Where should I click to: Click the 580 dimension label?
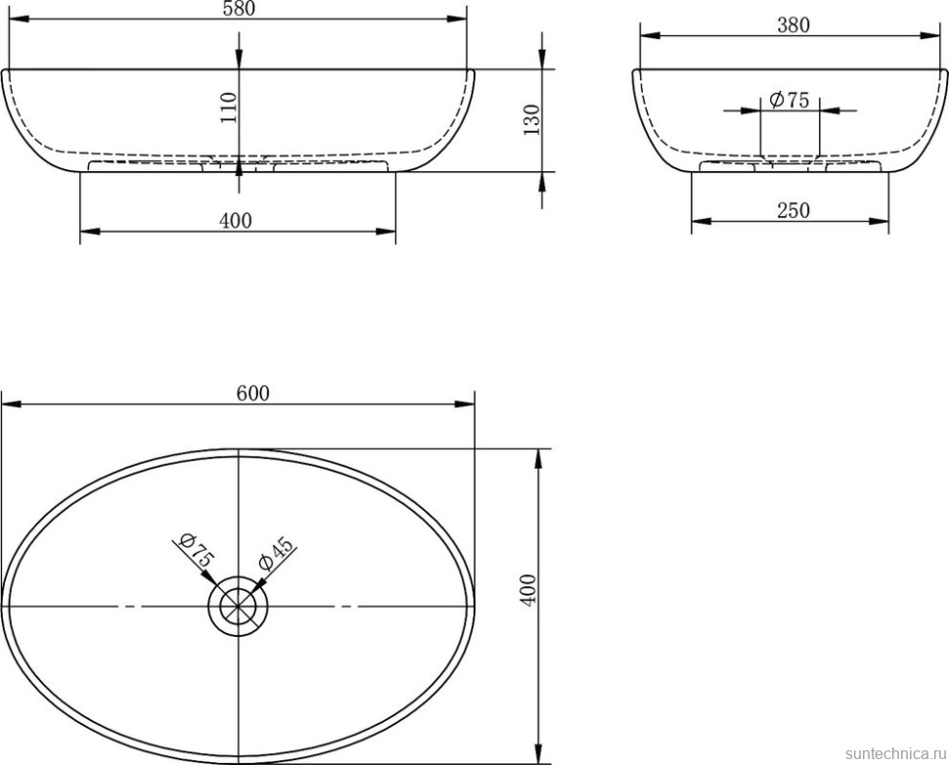240,9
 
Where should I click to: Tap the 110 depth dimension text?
228,108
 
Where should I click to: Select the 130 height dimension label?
531,119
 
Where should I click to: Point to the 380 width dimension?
792,24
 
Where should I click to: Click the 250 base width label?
792,210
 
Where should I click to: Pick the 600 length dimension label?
252,393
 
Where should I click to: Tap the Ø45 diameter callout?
275,553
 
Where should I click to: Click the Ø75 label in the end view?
790,99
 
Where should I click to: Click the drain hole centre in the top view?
238,606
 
